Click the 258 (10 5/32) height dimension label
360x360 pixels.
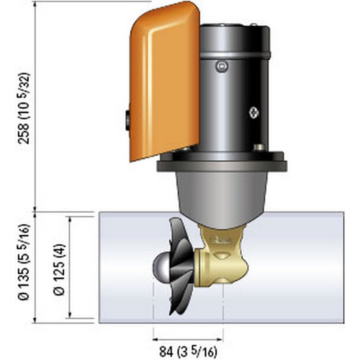tap(26, 108)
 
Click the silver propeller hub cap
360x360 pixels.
tap(161, 265)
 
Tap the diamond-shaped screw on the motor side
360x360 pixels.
tap(254, 112)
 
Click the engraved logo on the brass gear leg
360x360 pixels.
tap(219, 238)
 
